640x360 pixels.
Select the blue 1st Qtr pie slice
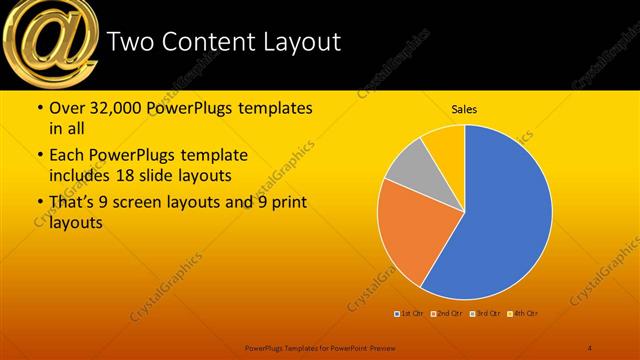[500, 220]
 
